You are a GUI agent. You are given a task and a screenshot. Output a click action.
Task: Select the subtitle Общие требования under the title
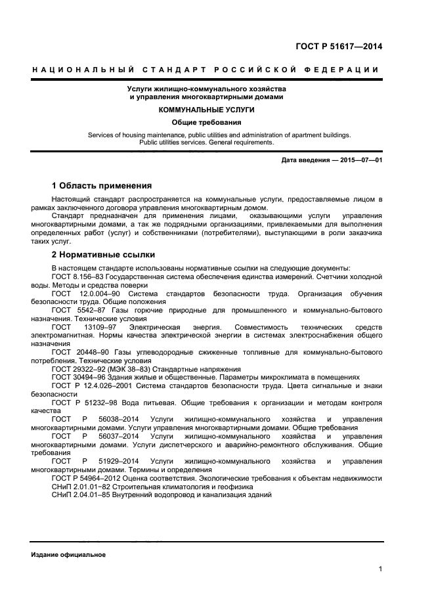coord(197,122)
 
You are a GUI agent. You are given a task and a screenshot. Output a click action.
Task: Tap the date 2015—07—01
coord(361,160)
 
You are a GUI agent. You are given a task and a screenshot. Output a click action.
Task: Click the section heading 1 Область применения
coord(101,185)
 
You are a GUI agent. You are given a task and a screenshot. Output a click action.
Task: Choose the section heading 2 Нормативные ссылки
coord(102,254)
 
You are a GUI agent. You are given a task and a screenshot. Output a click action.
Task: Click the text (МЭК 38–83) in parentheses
coord(124,369)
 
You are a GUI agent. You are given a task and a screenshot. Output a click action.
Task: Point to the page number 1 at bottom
coord(380,569)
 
